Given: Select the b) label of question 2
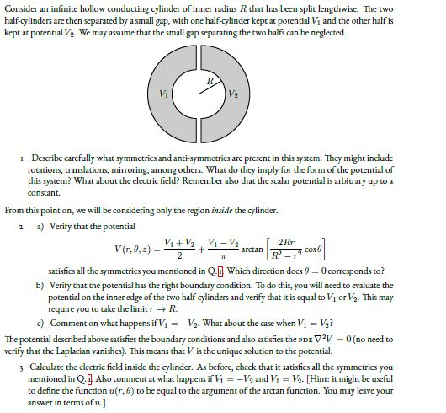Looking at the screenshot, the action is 38,285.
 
